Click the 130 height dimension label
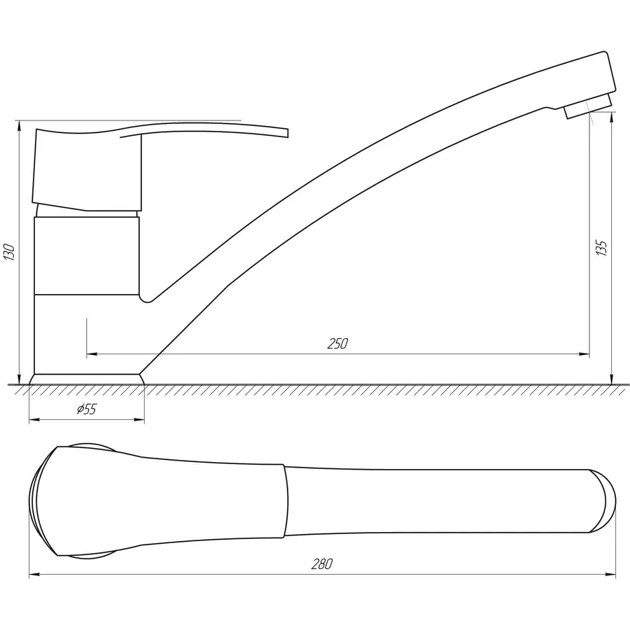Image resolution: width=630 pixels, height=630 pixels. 9,252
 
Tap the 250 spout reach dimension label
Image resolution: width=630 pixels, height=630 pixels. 337,344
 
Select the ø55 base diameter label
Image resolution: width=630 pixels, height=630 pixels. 87,409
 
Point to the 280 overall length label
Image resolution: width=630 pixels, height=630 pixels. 322,564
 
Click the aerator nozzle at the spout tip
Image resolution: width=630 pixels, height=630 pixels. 588,106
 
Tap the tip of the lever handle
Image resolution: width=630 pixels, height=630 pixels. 288,133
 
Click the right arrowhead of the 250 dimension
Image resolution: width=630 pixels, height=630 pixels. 584,354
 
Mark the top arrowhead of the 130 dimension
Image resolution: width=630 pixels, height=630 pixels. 19,126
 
